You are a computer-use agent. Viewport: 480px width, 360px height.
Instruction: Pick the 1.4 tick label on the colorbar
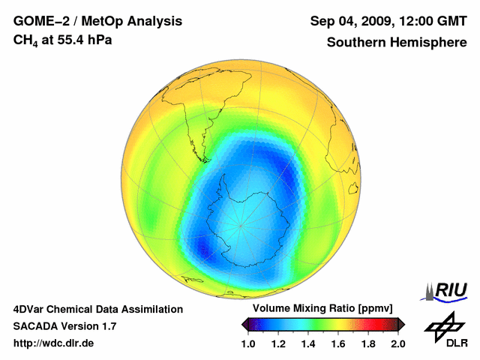coord(307,343)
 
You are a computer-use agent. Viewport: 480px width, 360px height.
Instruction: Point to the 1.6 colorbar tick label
coord(337,343)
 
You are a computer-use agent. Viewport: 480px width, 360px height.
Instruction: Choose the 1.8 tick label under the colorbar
coord(367,343)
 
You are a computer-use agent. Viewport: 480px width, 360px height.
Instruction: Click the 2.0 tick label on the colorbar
coord(397,343)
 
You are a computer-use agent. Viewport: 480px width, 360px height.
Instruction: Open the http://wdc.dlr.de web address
coord(55,343)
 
